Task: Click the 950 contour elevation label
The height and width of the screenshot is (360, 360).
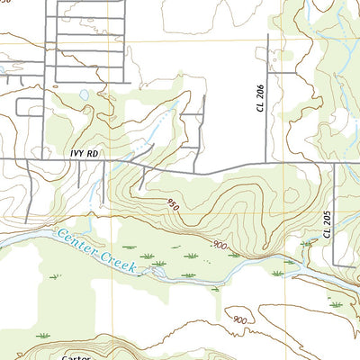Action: (x=172, y=205)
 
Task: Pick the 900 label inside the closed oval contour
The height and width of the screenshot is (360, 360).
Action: (x=238, y=319)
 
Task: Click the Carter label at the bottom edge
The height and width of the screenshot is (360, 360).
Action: (x=76, y=356)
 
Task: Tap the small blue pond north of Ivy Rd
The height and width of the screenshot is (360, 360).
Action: (x=84, y=94)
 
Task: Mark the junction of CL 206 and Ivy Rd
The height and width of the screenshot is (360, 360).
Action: (x=267, y=163)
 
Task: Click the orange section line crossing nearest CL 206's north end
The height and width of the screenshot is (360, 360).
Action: (x=267, y=40)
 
